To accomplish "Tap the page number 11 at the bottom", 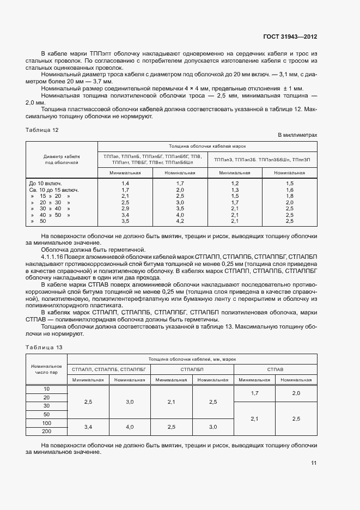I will [x=314, y=463].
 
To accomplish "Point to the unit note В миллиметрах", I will [x=297, y=135].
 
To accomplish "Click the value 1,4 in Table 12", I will [x=125, y=183].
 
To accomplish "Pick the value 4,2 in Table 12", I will [x=180, y=221].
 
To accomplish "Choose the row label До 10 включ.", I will [x=45, y=183].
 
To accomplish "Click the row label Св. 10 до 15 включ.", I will [x=54, y=190].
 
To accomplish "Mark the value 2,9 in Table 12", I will [x=125, y=209].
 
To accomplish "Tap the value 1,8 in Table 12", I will [x=290, y=196].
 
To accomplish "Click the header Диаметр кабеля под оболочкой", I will [x=62, y=159].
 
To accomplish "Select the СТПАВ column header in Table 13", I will [x=275, y=369].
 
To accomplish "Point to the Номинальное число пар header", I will [x=46, y=369].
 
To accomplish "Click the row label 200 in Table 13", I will [x=46, y=432].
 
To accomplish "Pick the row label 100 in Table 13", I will [x=46, y=423].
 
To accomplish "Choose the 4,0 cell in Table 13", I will [x=130, y=427].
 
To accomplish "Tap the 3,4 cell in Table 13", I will [x=88, y=427].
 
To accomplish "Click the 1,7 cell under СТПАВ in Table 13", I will [x=254, y=393].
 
